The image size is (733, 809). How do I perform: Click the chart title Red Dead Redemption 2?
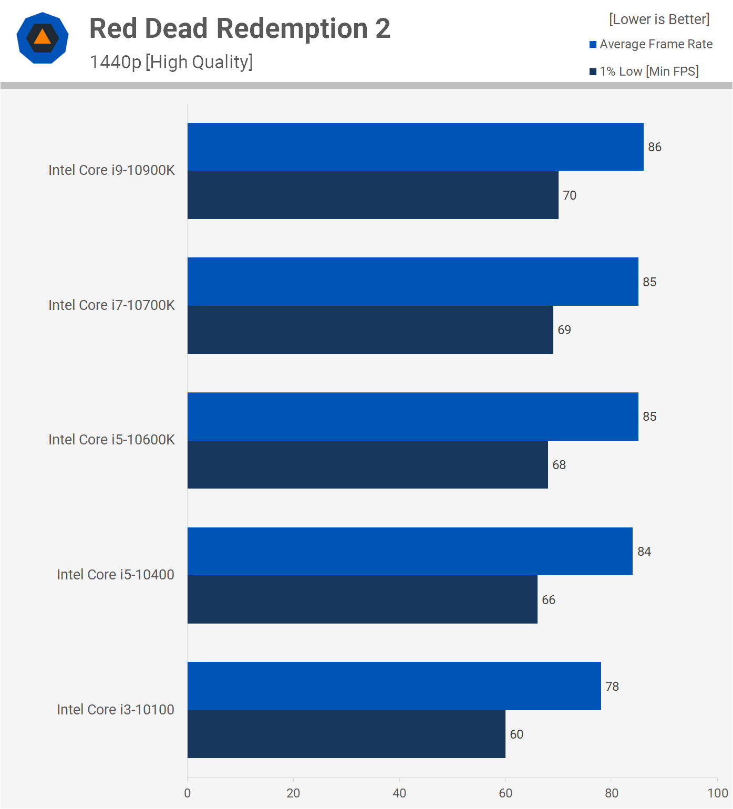240,28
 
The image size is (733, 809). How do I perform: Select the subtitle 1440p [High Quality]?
171,62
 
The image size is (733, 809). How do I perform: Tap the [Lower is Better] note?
659,19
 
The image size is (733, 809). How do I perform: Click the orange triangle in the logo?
43,37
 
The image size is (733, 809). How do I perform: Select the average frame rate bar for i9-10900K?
415,147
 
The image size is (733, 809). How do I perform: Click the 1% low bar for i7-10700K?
370,330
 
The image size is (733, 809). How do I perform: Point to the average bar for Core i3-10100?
394,686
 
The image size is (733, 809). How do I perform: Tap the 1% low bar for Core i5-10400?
362,599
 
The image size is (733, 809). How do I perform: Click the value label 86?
655,147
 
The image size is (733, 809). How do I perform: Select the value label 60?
517,734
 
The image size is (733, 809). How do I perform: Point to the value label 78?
612,687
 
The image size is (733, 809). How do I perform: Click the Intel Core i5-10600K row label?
111,440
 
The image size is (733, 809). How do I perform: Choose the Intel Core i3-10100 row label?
116,710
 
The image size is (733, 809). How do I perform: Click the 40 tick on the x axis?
399,793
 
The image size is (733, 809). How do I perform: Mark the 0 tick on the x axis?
188,793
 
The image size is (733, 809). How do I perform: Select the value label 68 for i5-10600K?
559,465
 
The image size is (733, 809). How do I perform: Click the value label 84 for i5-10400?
644,552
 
